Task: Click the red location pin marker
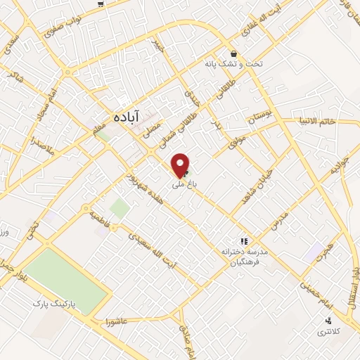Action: pyautogui.click(x=181, y=165)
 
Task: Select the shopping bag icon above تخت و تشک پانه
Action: pyautogui.click(x=233, y=53)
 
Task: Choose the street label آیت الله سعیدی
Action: pyautogui.click(x=155, y=249)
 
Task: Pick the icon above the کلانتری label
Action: pyautogui.click(x=328, y=321)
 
